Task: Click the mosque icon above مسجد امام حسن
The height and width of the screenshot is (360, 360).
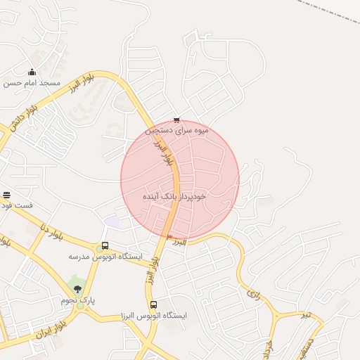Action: (x=32, y=72)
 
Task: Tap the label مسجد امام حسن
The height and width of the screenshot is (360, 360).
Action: (x=32, y=83)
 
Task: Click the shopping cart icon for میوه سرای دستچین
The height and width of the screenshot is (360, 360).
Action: (x=176, y=120)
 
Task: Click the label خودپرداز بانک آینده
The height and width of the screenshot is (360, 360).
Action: (x=174, y=196)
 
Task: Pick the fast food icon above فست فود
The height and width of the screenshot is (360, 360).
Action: (x=7, y=195)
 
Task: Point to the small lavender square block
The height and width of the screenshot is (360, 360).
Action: (x=112, y=221)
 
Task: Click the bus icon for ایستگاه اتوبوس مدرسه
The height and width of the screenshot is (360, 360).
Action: (x=105, y=245)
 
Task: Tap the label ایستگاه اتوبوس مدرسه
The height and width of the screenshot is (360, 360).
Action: (x=105, y=257)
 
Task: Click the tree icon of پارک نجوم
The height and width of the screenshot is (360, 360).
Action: (x=77, y=288)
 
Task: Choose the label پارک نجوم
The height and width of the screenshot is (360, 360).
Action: (x=77, y=300)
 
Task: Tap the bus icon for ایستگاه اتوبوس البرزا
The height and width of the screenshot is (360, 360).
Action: (x=153, y=304)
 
